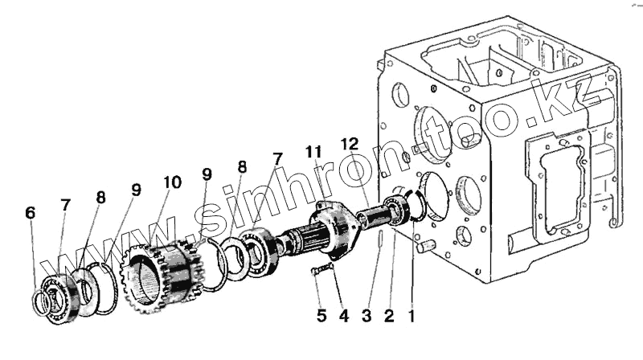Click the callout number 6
pyautogui.click(x=31, y=213)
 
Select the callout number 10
pyautogui.click(x=173, y=183)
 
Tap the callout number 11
pyautogui.click(x=313, y=151)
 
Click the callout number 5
pyautogui.click(x=321, y=317)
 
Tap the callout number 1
pyautogui.click(x=412, y=317)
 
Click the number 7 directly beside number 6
pyautogui.click(x=63, y=206)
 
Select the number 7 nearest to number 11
pyautogui.click(x=277, y=158)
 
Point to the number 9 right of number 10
pyautogui.click(x=207, y=174)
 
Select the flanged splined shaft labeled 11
pyautogui.click(x=329, y=226)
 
